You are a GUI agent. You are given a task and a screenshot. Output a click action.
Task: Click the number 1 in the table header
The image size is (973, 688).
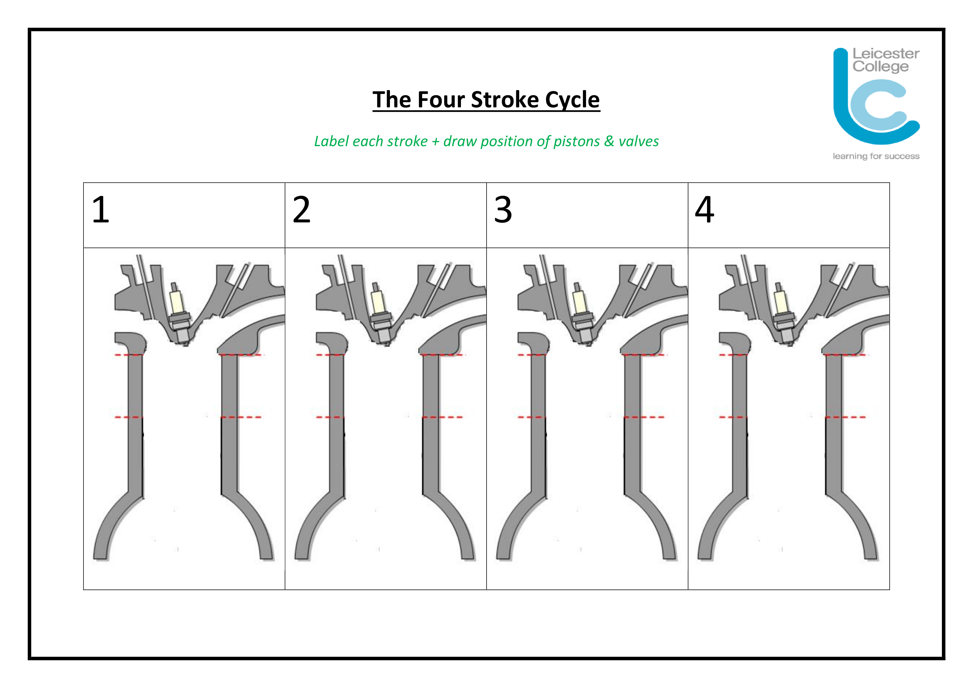pos(101,209)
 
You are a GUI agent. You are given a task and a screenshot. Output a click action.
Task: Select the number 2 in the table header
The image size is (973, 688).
pos(302,209)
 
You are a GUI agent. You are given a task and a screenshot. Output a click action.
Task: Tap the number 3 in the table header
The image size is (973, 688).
pos(503,209)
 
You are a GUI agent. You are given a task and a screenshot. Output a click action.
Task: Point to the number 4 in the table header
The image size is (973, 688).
pos(704,209)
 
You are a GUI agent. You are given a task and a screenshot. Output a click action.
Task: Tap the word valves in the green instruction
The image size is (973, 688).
pos(639,141)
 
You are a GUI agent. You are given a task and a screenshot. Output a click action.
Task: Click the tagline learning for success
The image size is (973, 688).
pos(876,156)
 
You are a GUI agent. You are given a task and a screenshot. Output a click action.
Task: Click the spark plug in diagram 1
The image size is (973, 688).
pos(179,314)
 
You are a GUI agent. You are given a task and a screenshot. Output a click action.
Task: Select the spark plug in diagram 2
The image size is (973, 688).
pos(381,314)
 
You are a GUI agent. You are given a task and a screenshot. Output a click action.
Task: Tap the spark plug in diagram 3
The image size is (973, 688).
pos(582,314)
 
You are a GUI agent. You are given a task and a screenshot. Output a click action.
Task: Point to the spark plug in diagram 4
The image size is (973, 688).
pos(784,314)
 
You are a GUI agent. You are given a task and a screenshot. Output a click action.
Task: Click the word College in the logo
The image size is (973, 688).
pos(881,67)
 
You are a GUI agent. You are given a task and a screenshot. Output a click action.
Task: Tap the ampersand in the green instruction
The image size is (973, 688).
pos(609,141)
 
